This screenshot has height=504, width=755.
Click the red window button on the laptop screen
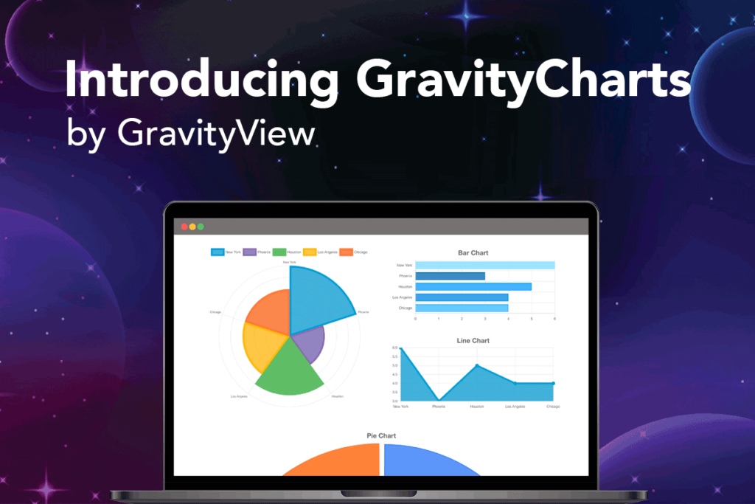coord(184,227)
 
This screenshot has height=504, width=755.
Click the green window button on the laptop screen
coord(201,227)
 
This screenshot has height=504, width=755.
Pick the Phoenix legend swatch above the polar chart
coord(248,252)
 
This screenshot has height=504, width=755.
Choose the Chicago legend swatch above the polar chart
coord(346,252)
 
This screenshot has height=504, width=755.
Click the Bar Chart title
coord(473,253)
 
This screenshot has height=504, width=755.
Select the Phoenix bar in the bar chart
coord(450,276)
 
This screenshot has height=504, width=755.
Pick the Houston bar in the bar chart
coord(473,286)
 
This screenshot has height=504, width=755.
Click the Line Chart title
coord(473,340)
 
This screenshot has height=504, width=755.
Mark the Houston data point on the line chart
coord(477,365)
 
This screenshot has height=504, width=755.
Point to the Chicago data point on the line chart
coord(553,383)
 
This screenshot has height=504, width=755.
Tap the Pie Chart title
coord(381,436)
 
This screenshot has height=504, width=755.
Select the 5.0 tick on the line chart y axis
coord(395,365)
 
